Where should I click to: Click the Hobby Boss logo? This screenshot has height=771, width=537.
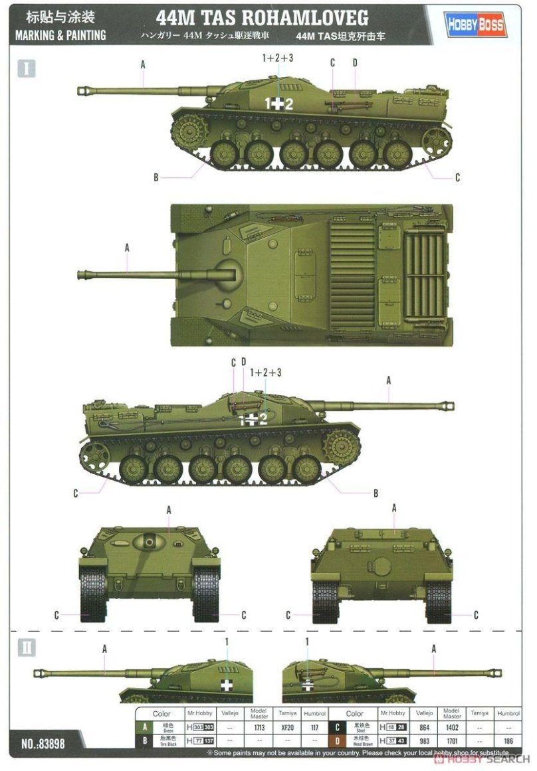point(475,26)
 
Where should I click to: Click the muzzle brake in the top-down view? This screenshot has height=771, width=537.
point(83,274)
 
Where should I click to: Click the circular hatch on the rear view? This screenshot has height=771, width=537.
point(381,566)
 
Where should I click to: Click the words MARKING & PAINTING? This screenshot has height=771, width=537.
point(60,35)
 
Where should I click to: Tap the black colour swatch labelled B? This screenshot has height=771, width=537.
point(144,741)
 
